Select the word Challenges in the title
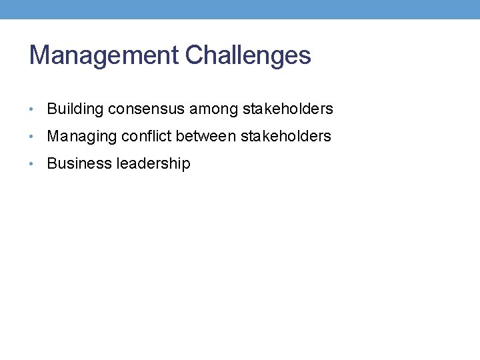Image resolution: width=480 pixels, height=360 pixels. coord(248,55)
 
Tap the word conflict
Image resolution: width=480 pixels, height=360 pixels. coord(146,136)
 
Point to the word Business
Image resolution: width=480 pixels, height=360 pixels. coord(79,163)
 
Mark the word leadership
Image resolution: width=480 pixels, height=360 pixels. coord(153,163)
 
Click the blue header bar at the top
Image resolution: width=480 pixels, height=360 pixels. coord(240,9)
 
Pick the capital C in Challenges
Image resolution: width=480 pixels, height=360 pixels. coord(195,55)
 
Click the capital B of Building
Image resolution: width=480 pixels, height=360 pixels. coord(52,109)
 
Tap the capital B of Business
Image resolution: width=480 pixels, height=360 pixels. coord(52,163)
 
